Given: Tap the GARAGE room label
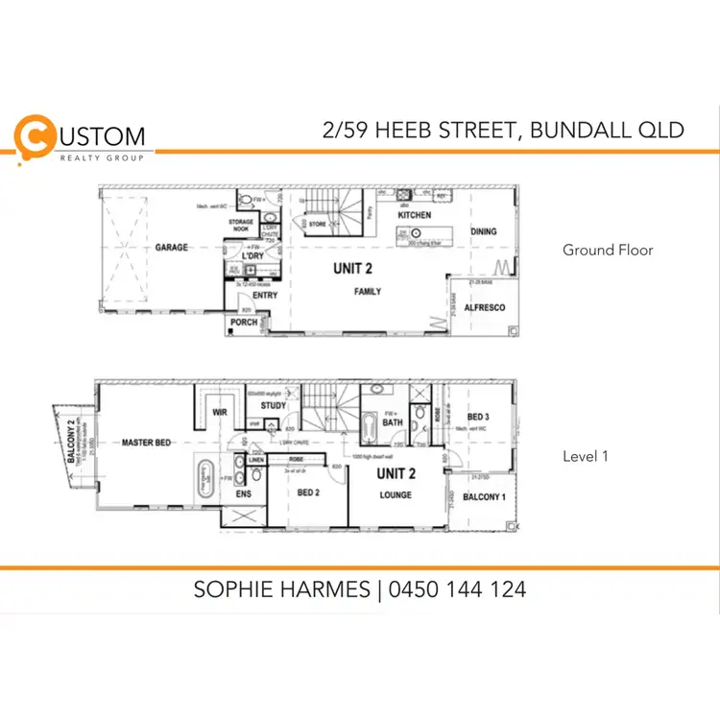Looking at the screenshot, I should (172, 248).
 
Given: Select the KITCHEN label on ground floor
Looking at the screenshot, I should (415, 215).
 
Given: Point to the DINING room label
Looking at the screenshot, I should (484, 231).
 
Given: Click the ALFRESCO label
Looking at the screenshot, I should (485, 308).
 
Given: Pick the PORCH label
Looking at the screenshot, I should (243, 324).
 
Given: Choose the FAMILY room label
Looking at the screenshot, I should (368, 291).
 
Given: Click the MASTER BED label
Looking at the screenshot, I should (146, 443).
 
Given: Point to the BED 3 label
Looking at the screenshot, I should (478, 416).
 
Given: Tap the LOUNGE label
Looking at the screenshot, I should (395, 495).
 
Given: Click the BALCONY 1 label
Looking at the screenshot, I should (484, 497).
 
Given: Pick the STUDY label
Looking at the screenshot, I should (273, 406).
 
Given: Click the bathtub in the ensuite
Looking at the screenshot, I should (204, 477).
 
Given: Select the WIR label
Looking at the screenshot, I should (218, 412).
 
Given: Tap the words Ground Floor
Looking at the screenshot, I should (608, 251).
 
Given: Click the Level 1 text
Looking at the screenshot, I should (586, 457).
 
